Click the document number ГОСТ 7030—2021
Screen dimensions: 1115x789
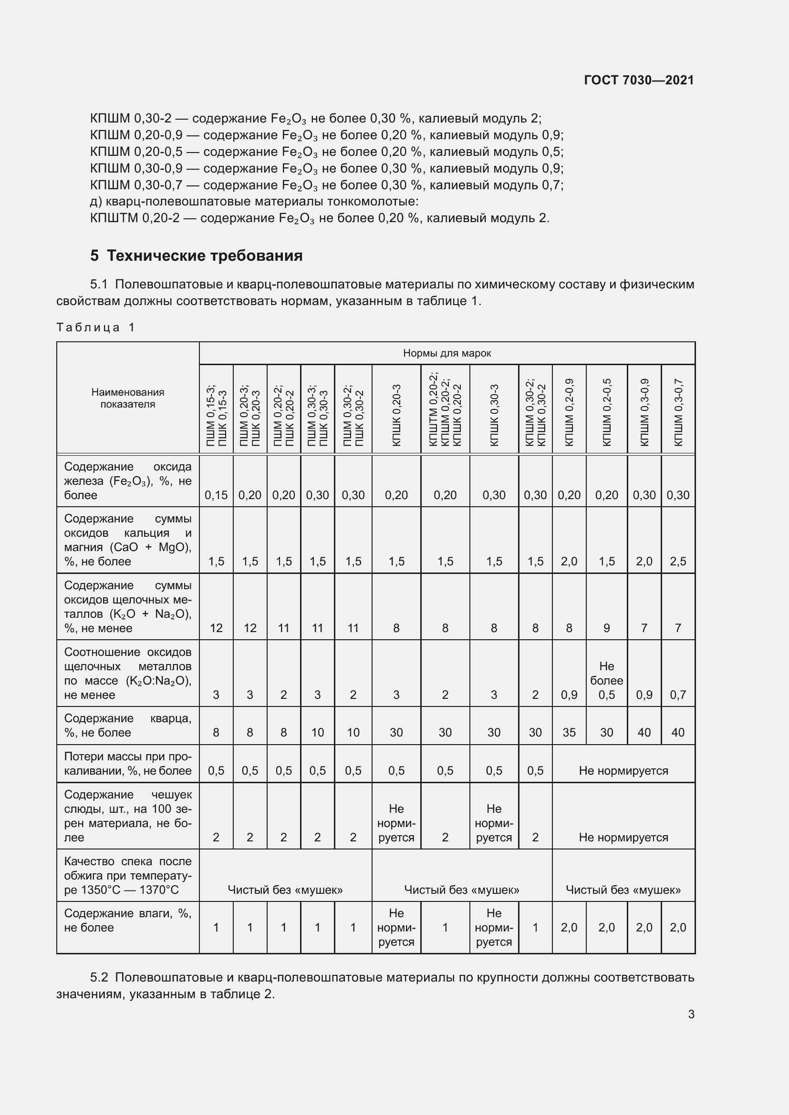[638, 80]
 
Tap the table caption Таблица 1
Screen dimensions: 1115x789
[95, 327]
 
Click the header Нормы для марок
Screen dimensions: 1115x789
[446, 353]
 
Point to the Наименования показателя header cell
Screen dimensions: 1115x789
[128, 398]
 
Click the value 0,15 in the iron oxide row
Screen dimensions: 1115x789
[216, 495]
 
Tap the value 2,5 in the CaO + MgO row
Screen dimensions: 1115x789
[678, 562]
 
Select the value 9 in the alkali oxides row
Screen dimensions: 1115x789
[606, 628]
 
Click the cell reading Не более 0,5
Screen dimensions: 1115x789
[606, 680]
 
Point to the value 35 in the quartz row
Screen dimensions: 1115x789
[569, 732]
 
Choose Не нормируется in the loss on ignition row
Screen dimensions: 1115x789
[623, 771]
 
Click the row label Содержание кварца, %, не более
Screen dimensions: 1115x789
[127, 725]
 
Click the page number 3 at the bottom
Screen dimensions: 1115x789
[691, 1014]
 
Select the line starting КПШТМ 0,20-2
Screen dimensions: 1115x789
[319, 218]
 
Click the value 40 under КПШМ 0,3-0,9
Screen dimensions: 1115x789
[644, 732]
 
